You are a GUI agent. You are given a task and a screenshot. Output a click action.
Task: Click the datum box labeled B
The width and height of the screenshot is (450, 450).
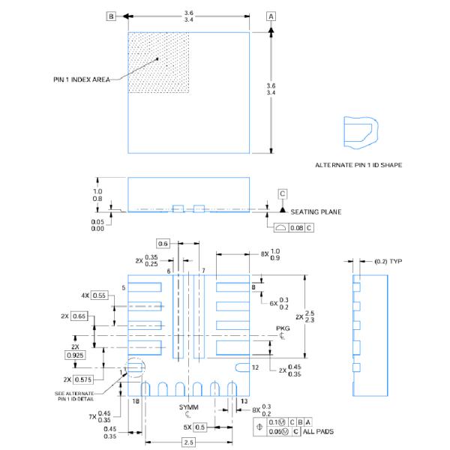[x=111, y=16]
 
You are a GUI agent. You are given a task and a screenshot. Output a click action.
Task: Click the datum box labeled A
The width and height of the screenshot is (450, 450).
[x=271, y=16]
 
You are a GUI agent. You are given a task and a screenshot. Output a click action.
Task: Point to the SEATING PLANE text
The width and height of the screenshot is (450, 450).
[x=316, y=211]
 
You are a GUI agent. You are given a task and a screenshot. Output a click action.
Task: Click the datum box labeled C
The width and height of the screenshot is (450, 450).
[x=283, y=193]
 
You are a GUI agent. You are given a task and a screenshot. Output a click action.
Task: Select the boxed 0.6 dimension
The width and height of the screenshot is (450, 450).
[x=164, y=242]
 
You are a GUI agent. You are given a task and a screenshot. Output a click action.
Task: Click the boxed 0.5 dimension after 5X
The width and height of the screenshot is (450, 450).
[x=199, y=427]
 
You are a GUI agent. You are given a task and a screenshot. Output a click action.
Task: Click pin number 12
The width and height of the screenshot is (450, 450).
[x=255, y=367]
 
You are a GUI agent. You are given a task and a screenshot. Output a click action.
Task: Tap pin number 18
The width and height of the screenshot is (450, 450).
[x=136, y=402]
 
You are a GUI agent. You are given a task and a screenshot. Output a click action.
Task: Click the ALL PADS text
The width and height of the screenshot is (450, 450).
[x=318, y=431]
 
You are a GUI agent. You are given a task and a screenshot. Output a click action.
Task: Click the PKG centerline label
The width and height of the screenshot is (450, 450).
[x=282, y=328]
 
